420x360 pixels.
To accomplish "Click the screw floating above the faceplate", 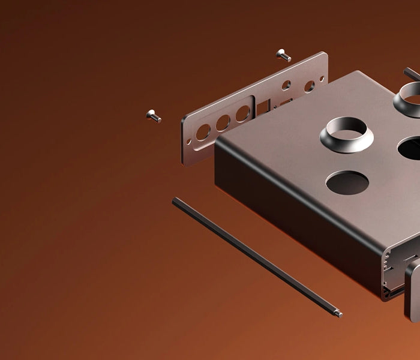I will click(x=284, y=56).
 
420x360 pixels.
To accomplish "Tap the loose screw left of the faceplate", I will click(x=154, y=115).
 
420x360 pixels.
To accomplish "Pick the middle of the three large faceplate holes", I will click(x=223, y=123).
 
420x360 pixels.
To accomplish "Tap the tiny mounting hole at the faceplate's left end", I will click(x=189, y=142).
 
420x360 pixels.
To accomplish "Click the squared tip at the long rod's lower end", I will click(x=339, y=313).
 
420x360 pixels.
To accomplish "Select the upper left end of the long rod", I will click(x=176, y=201).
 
